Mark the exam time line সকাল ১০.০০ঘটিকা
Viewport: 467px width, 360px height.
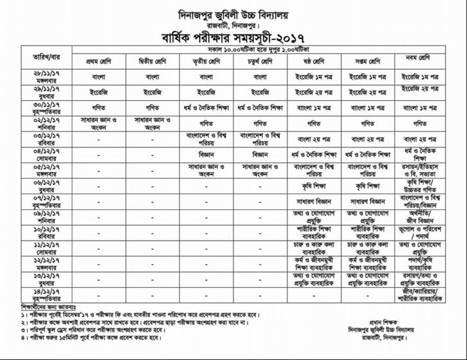point(259,51)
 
